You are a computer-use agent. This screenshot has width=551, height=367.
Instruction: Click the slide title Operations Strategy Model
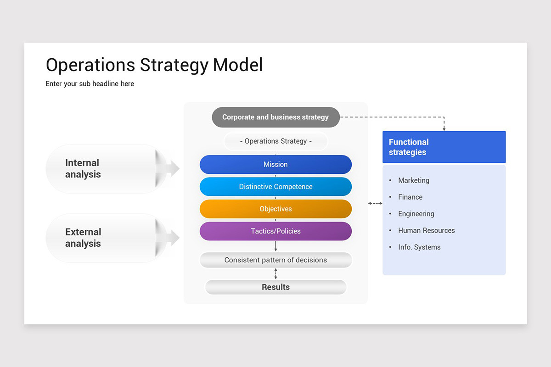click(154, 65)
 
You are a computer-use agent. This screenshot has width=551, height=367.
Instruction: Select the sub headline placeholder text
click(90, 84)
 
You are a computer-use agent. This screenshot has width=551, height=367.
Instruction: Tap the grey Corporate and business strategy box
click(275, 117)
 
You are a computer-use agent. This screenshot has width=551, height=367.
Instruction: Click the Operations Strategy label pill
click(275, 141)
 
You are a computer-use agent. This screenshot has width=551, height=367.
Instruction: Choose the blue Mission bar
click(275, 164)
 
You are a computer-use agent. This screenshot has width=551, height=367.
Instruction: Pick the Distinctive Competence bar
click(275, 187)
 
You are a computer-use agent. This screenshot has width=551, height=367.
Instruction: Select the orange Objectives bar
click(275, 209)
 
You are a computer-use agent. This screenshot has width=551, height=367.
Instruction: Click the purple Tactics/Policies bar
click(275, 231)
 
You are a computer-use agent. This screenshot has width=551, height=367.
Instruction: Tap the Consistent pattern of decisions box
click(275, 260)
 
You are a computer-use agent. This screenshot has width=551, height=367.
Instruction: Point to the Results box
click(275, 287)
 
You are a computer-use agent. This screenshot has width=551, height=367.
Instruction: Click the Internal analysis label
click(83, 169)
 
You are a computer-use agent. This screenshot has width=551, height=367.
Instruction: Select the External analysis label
click(83, 238)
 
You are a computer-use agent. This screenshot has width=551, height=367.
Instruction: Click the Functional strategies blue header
click(444, 147)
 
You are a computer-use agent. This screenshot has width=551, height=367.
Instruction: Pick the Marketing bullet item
click(413, 180)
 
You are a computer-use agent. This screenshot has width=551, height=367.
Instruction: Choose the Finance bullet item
click(410, 197)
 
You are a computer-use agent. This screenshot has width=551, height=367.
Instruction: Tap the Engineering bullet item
click(416, 214)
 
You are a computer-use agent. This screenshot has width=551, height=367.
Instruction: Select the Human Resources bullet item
click(426, 230)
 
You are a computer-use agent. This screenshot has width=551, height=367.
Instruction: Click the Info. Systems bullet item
click(419, 247)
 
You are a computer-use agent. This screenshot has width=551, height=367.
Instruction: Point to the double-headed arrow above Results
click(275, 274)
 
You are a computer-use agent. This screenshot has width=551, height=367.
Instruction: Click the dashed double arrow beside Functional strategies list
click(375, 203)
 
